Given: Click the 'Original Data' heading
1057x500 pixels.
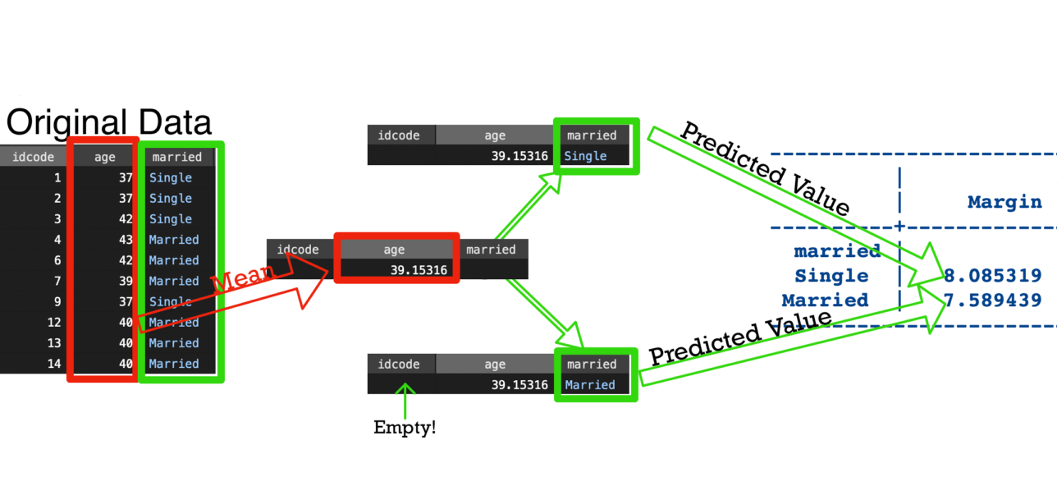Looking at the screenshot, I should tap(109, 123).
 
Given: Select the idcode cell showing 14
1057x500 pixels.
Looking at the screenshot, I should tap(53, 364).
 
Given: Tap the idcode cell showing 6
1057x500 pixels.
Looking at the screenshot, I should tap(57, 260).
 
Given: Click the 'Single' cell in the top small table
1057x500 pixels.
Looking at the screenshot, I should tap(585, 156).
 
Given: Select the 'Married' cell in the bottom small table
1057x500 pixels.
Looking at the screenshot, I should tap(589, 385).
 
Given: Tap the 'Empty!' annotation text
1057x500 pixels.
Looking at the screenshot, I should tap(405, 428).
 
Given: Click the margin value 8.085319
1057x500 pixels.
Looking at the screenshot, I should tap(993, 276).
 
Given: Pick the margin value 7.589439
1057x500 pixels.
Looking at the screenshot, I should tap(993, 300).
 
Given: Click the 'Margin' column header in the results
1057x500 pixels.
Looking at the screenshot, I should tap(1004, 202).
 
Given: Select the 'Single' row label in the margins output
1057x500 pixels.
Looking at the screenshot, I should tap(831, 276).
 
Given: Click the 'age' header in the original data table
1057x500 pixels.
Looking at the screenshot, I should tap(105, 157).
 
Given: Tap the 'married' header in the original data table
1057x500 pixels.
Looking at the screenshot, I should tap(177, 157).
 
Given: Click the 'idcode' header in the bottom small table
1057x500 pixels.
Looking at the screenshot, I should tap(398, 365).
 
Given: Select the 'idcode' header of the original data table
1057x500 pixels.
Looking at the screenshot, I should tap(29, 157).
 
